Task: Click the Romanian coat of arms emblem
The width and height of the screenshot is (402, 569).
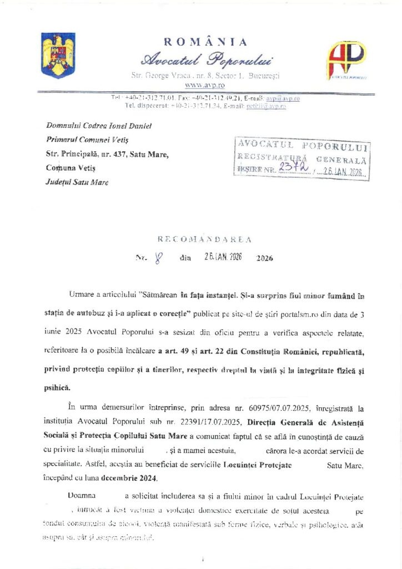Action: pos(58,55)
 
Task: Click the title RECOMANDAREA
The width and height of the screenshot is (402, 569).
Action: pos(205,239)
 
